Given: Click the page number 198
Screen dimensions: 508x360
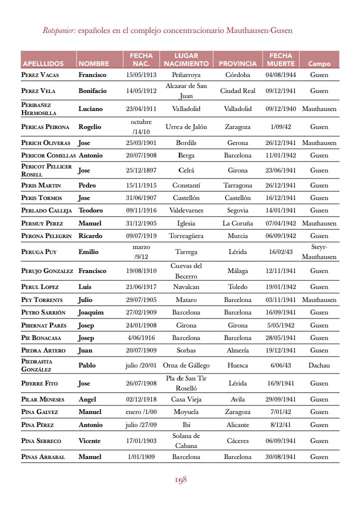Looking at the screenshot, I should coord(180,480).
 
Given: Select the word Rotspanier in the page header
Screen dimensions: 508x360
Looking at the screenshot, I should coord(59,30).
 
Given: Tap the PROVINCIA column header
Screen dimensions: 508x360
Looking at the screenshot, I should coord(237,64).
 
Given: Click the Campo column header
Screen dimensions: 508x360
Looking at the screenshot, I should coord(319,64).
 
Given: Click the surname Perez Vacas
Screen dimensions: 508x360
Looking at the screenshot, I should coord(40,75).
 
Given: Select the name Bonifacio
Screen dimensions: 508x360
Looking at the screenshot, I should coord(92,91).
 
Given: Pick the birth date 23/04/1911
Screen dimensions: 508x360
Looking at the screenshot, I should coord(141,108).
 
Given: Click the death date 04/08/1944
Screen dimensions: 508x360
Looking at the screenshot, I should coord(280,75).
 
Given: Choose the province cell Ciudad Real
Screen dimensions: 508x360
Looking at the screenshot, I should coord(237,91).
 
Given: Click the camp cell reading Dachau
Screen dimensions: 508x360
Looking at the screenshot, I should coord(319,365).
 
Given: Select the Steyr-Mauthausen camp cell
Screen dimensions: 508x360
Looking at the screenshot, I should coord(319,252).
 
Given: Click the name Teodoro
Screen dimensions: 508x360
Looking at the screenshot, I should coord(90,210).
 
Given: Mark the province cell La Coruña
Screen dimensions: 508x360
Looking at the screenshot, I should coord(237,223).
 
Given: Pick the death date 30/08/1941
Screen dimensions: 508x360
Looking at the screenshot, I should coord(280,457).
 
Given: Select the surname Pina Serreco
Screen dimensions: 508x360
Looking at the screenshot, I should coord(41,441).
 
